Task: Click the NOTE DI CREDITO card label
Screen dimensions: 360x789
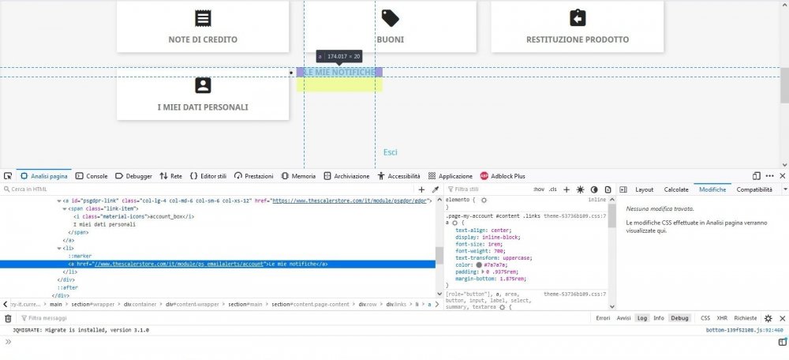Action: (203, 39)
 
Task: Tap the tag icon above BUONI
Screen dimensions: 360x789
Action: (390, 17)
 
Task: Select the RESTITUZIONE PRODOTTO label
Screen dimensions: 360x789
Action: (578, 39)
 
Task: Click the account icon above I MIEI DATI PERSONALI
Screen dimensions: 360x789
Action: (203, 85)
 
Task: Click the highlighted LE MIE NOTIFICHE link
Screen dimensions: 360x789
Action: (339, 73)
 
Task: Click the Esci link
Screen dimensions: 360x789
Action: (391, 152)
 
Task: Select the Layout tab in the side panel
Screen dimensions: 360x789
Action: (644, 189)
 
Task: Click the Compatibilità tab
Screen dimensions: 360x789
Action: (754, 189)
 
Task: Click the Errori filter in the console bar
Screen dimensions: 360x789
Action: (603, 318)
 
